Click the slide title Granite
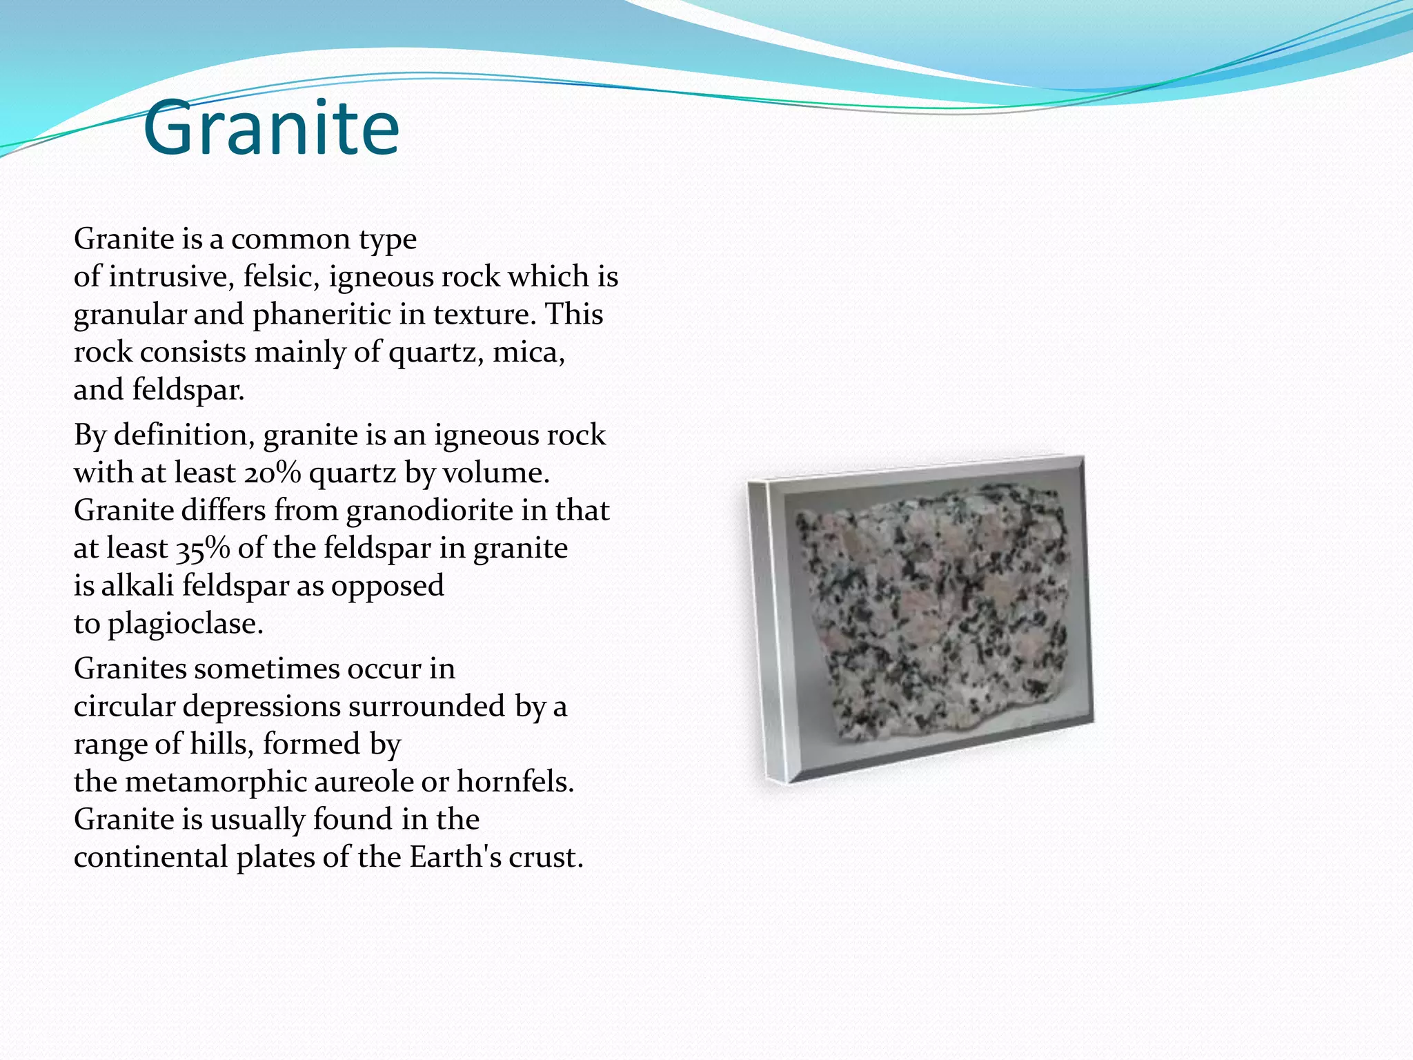[x=271, y=128]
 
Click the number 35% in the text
[x=203, y=549]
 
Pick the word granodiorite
[x=430, y=511]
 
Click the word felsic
[x=281, y=277]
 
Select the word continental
[x=150, y=857]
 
